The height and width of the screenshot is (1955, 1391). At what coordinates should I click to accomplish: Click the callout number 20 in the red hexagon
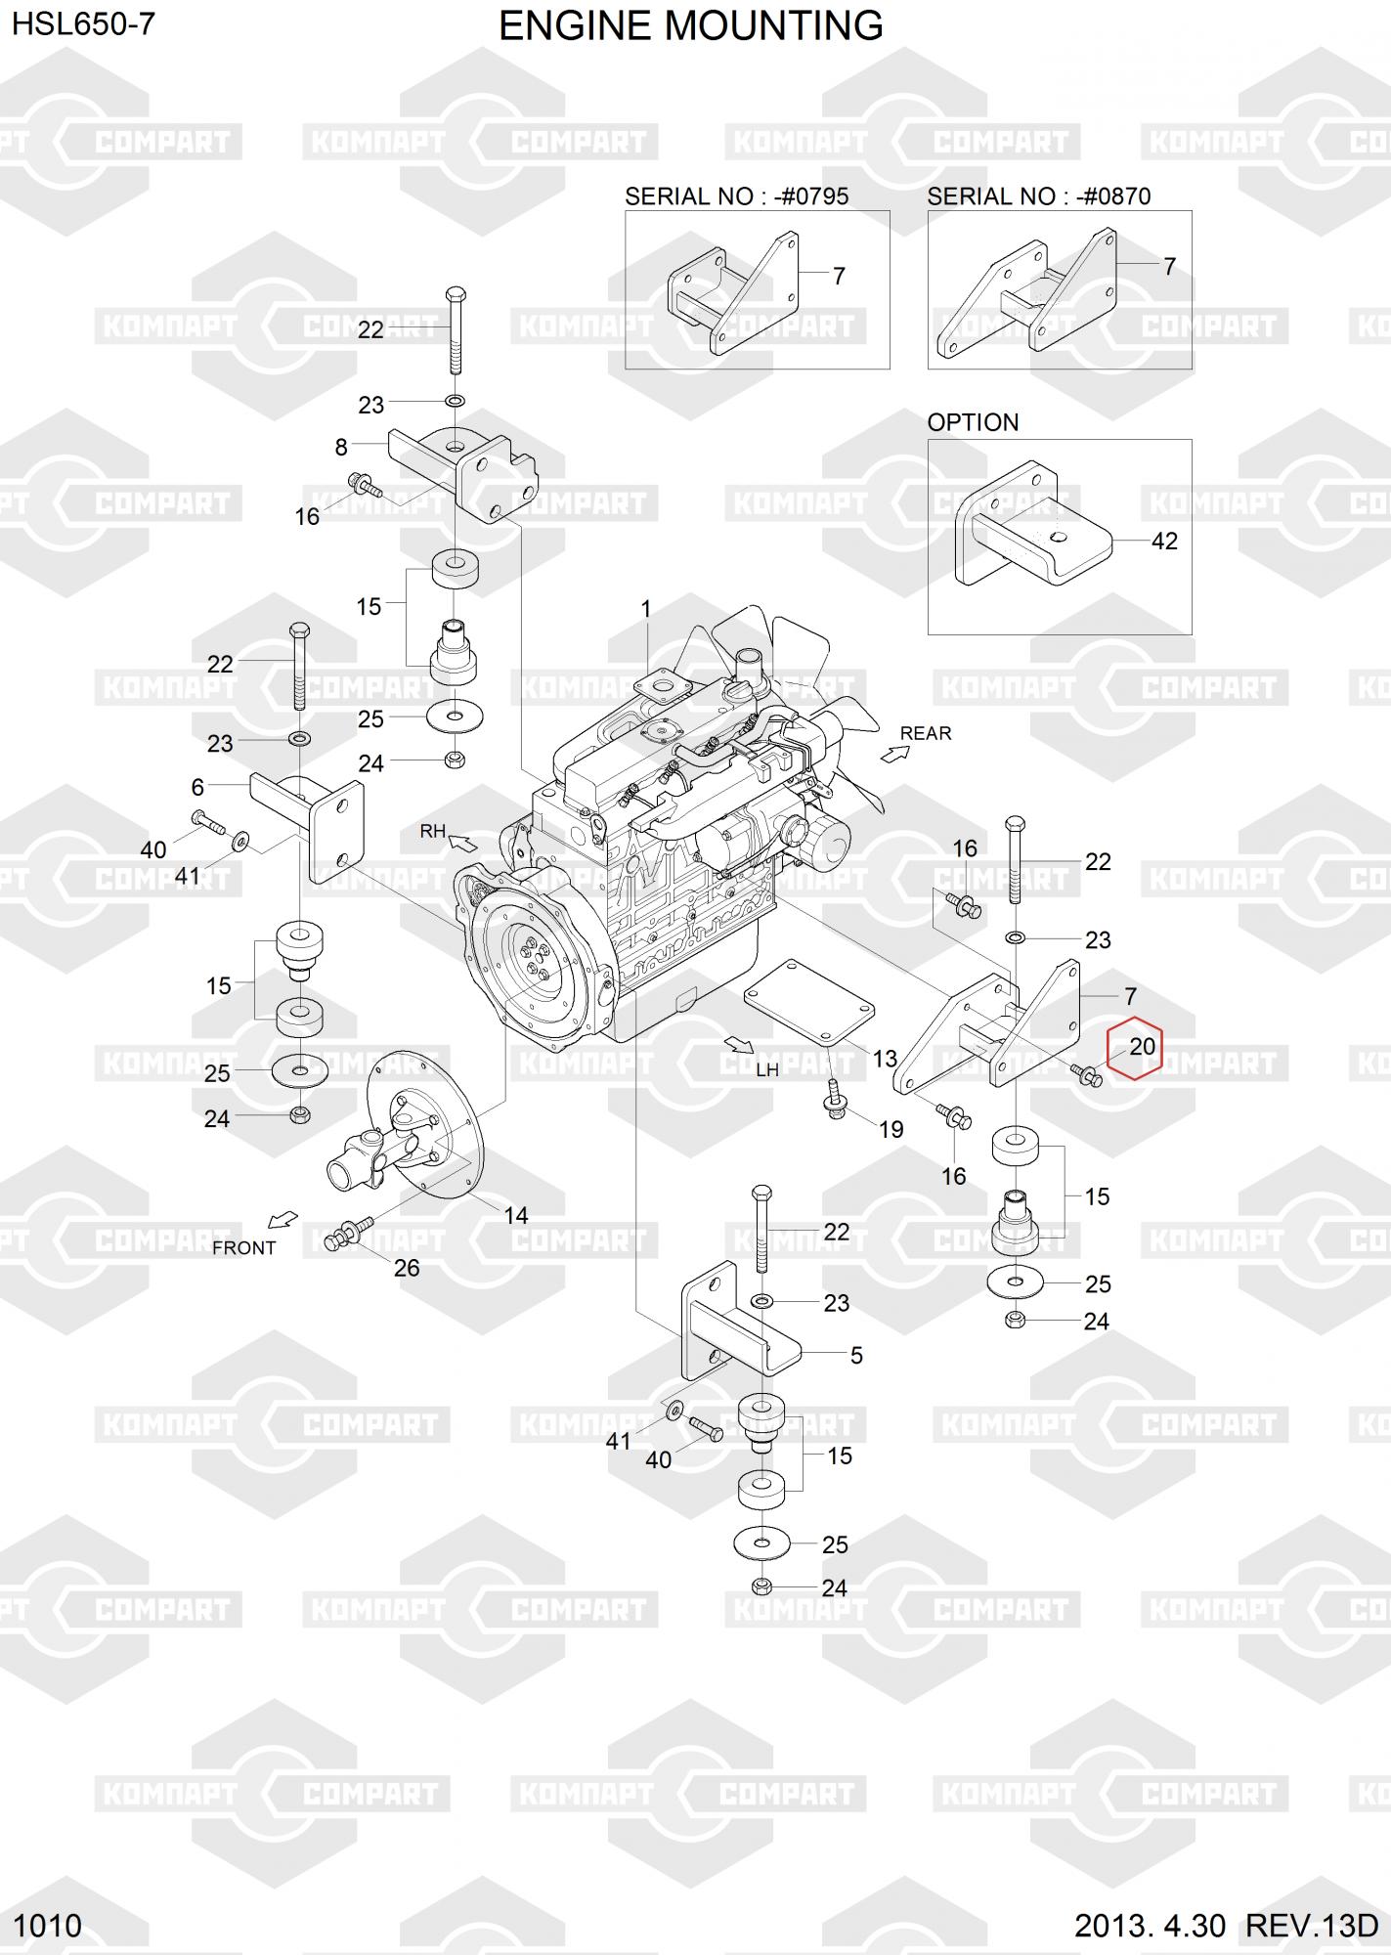[x=1142, y=1046]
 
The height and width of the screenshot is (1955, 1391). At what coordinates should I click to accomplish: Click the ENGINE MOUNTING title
[x=690, y=26]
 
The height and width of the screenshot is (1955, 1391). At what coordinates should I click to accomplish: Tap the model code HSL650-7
[x=83, y=24]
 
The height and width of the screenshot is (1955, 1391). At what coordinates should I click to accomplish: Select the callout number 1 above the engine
[x=645, y=609]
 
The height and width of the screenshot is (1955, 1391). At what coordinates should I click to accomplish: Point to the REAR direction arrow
[x=893, y=753]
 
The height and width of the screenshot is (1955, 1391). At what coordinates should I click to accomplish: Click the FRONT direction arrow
[x=283, y=1220]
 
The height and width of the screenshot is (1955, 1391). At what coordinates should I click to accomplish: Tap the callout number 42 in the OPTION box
[x=1164, y=541]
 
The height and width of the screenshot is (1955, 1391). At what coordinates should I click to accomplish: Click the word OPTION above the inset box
[x=973, y=422]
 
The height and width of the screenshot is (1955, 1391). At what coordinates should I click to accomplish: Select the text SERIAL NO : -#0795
[x=736, y=196]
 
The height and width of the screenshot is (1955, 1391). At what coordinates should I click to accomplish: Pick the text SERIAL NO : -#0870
[x=1038, y=196]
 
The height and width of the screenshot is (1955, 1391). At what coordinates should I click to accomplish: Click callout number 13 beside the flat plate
[x=885, y=1059]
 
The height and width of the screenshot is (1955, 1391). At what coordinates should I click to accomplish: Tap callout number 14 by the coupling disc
[x=515, y=1215]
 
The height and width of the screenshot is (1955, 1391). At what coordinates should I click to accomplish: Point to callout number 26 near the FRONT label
[x=406, y=1268]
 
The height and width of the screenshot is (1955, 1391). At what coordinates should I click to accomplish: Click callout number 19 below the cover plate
[x=891, y=1130]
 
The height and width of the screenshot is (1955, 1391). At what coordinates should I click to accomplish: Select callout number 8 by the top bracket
[x=341, y=448]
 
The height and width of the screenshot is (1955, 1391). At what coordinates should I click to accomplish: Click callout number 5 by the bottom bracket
[x=856, y=1355]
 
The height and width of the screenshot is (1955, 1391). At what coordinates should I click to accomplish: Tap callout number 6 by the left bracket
[x=197, y=786]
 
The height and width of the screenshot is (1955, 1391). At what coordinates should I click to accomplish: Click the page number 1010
[x=49, y=1926]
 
